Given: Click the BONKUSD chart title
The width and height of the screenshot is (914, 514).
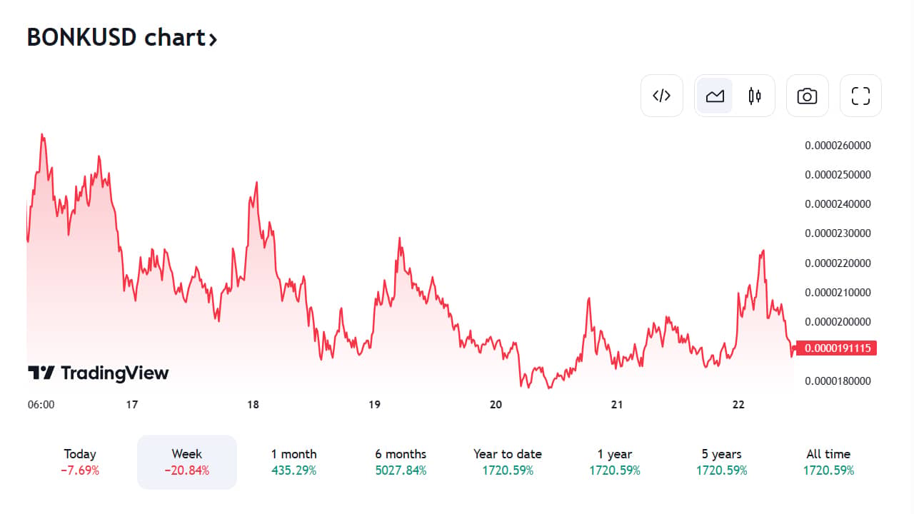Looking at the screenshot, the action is (x=121, y=38).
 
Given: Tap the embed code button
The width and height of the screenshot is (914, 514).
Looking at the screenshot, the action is (x=661, y=96).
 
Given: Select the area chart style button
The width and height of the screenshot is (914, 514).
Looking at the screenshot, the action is (x=715, y=96).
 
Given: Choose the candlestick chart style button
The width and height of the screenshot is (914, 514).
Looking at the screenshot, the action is (x=755, y=96).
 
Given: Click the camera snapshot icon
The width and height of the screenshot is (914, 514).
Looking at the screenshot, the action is (x=807, y=96).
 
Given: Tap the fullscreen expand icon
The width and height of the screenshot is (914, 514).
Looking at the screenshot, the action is (x=860, y=96).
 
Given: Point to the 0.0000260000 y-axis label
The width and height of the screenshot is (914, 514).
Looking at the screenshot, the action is (x=838, y=145).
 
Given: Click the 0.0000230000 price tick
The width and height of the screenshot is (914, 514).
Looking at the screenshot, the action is (x=838, y=233).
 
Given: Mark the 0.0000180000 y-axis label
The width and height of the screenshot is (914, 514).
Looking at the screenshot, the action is (x=838, y=381).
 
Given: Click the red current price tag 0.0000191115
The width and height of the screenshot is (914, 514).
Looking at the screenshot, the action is (x=836, y=348).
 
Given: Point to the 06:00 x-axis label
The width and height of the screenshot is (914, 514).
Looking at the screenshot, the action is (x=41, y=405).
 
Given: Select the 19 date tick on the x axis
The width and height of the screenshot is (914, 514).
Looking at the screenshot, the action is (x=374, y=405).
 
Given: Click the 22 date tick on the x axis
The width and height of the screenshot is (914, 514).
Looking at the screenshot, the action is (x=738, y=405).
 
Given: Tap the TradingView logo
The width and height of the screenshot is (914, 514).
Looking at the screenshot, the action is (x=99, y=373).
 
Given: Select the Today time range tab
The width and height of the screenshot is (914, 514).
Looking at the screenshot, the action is (x=80, y=462).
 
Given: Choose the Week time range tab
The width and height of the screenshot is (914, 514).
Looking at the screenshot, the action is (x=187, y=462).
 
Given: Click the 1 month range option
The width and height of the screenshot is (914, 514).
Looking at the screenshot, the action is (x=293, y=462).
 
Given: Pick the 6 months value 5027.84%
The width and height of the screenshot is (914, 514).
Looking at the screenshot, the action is (x=401, y=470).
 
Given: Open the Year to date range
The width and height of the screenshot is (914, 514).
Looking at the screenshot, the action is (x=508, y=462).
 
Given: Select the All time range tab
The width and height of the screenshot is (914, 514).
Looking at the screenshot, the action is (x=828, y=462).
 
